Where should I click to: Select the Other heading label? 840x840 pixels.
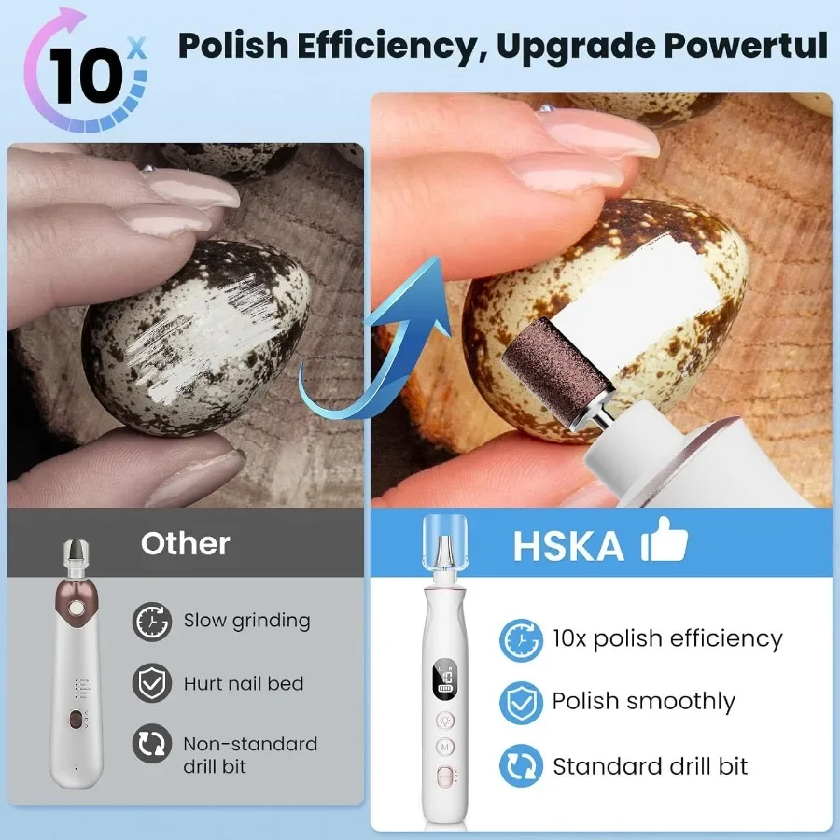tap(185, 543)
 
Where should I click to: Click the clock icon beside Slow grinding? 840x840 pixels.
tap(151, 621)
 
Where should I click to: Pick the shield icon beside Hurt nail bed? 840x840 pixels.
tap(151, 683)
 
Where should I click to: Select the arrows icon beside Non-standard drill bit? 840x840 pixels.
tap(151, 746)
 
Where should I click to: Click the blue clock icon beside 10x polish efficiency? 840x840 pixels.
tap(520, 640)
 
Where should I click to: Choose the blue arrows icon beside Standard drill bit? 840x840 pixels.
tap(520, 766)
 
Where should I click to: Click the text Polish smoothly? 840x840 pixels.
tap(643, 702)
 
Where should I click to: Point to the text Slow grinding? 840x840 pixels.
tap(246, 620)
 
